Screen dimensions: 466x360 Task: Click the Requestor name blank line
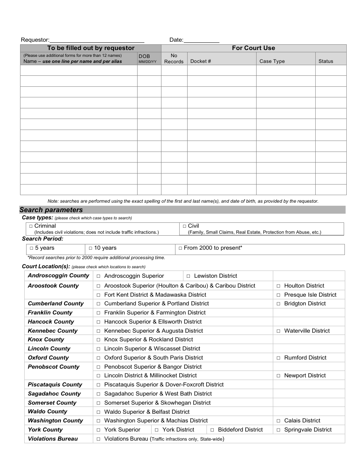click(x=97, y=40)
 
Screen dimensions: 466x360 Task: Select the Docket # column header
click(x=200, y=61)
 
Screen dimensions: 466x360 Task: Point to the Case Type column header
click(x=272, y=61)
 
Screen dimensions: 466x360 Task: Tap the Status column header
click(x=326, y=61)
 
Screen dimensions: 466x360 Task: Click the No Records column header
click(x=174, y=59)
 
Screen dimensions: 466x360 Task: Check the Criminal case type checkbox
click(x=31, y=226)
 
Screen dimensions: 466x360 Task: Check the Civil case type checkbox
click(x=185, y=226)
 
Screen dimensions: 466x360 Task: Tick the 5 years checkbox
click(x=31, y=249)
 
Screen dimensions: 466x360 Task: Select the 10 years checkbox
click(x=91, y=249)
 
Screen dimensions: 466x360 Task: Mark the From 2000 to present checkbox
click(x=180, y=249)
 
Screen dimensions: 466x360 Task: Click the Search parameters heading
click(x=51, y=210)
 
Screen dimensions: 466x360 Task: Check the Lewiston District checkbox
click(x=188, y=276)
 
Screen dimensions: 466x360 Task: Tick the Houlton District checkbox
click(x=278, y=286)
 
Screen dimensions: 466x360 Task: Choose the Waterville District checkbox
click(x=278, y=331)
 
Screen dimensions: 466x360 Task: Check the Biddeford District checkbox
click(x=212, y=430)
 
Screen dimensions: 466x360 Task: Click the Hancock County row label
click(x=51, y=322)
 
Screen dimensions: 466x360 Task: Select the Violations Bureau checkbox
click(x=99, y=439)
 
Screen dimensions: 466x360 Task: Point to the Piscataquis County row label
click(x=55, y=385)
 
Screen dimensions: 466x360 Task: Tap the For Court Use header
click(x=254, y=48)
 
